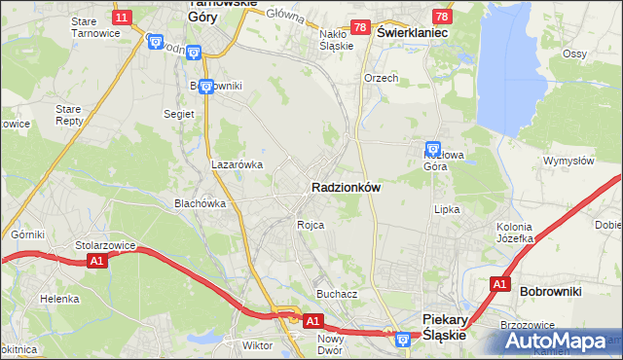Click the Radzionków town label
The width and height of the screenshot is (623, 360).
coord(346,187)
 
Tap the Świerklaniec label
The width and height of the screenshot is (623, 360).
coord(412,32)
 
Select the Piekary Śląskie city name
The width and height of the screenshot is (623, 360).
coord(446,325)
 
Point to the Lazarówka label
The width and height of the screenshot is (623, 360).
coord(238,164)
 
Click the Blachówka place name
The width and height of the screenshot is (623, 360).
coord(200,203)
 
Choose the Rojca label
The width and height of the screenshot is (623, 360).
coord(311,225)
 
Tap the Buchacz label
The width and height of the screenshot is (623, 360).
coord(337,293)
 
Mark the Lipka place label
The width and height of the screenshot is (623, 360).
coord(447,208)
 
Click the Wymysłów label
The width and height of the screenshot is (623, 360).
coord(568,161)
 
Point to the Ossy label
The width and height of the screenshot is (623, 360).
coord(574,54)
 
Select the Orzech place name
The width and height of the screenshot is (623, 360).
coord(381,78)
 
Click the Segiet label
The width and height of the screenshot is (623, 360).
coord(179,114)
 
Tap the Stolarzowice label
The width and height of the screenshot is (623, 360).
coord(101,246)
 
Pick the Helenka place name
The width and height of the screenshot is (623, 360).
coord(59,299)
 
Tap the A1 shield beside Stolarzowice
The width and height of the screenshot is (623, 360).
coord(95,261)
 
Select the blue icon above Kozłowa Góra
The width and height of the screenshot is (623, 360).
coord(432,149)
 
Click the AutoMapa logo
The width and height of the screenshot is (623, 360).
coord(562,342)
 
